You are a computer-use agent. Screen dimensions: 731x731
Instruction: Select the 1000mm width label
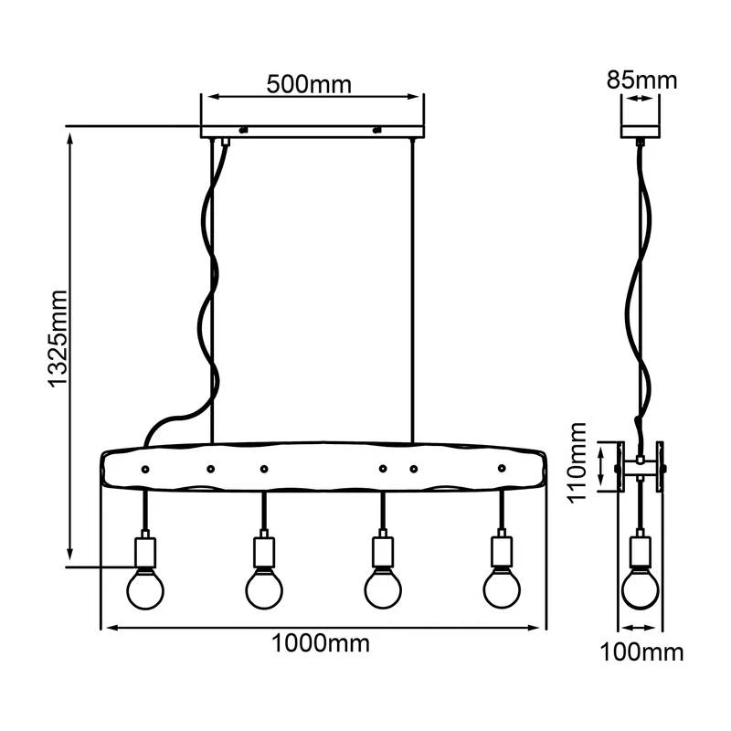pyautogui.click(x=321, y=643)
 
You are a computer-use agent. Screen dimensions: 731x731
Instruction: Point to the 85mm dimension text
pyautogui.click(x=641, y=80)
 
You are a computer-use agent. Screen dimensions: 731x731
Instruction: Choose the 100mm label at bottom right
pyautogui.click(x=641, y=652)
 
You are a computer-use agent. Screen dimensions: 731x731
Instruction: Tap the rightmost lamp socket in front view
pyautogui.click(x=501, y=551)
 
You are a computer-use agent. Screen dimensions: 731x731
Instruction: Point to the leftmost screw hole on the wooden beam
pyautogui.click(x=144, y=469)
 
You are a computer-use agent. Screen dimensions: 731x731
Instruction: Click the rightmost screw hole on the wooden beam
pyautogui.click(x=501, y=469)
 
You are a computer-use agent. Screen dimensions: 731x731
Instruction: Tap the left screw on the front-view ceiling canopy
pyautogui.click(x=243, y=130)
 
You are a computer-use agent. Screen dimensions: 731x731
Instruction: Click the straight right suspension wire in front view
pyautogui.click(x=413, y=292)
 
